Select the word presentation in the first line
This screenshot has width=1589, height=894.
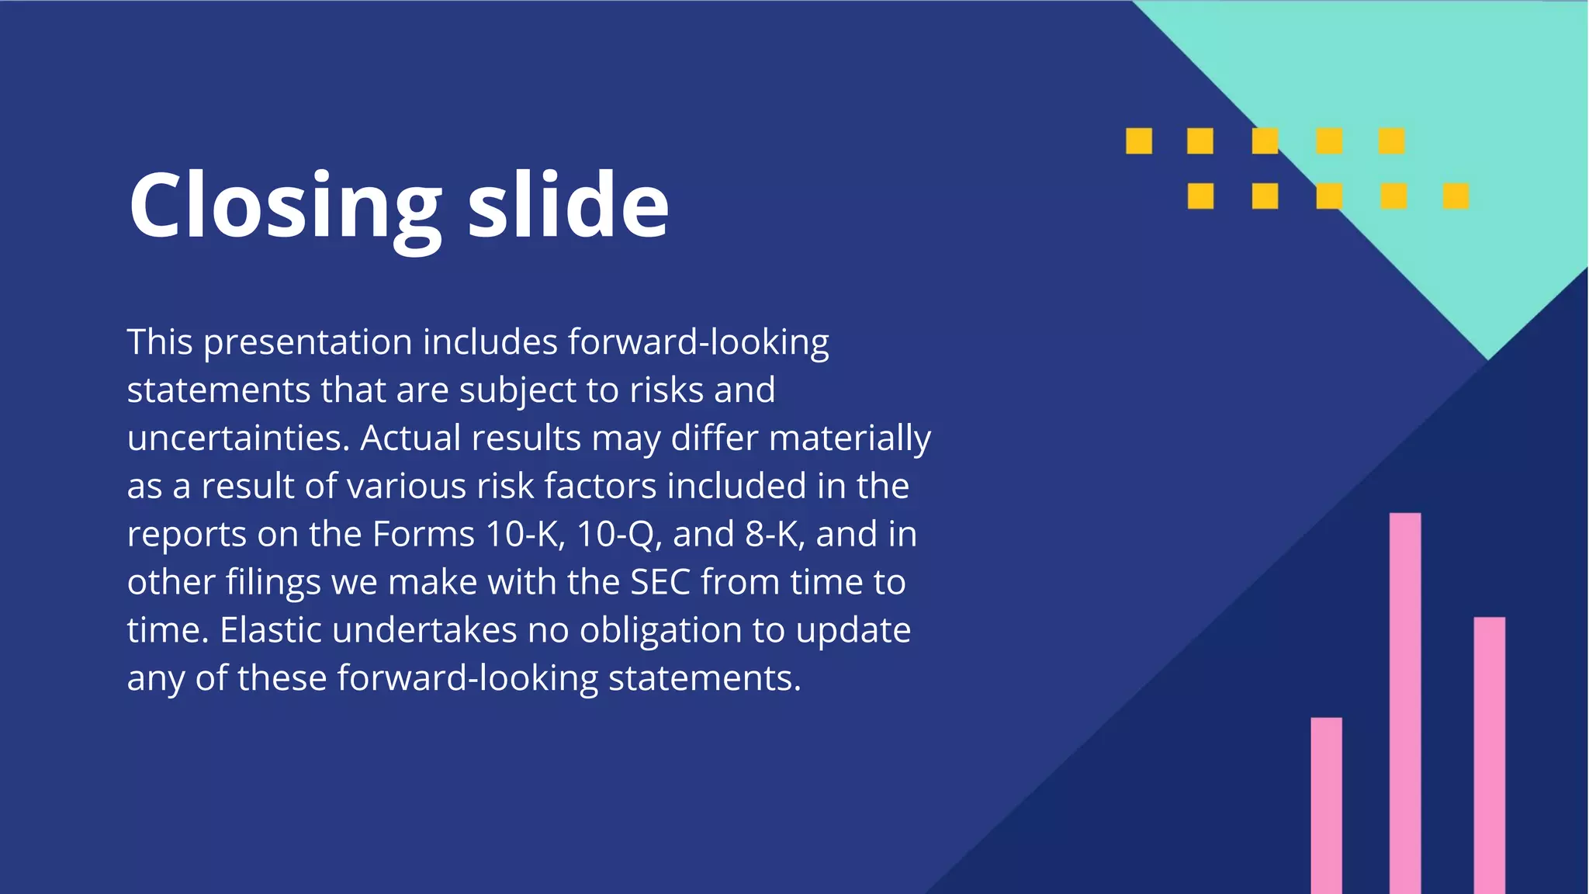[307, 342]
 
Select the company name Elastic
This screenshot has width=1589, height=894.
[270, 630]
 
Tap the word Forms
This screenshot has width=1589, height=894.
[424, 534]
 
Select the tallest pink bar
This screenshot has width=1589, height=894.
[1405, 702]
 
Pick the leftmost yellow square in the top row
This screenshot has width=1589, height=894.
[1139, 141]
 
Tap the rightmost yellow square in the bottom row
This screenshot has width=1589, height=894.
[1456, 196]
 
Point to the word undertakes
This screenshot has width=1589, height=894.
[424, 630]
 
